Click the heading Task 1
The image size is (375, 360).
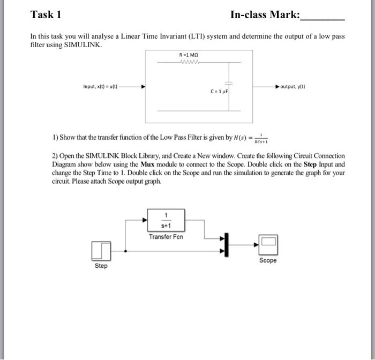click(x=46, y=14)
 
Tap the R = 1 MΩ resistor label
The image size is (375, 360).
click(x=190, y=55)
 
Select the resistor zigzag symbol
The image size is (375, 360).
click(x=190, y=62)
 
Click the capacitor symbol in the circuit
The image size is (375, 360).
click(x=229, y=84)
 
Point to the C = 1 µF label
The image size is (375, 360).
click(x=220, y=92)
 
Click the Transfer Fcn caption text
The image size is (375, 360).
click(x=167, y=236)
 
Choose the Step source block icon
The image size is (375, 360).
click(x=101, y=250)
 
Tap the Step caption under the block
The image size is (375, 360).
click(x=101, y=266)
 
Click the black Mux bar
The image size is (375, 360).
click(x=227, y=244)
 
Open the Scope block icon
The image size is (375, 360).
click(x=268, y=245)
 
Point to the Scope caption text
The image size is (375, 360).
click(x=268, y=261)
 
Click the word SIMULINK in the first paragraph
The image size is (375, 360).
click(x=82, y=44)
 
